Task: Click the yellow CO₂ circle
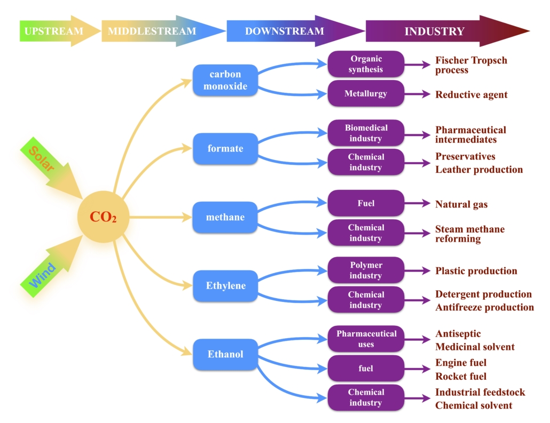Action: point(104,217)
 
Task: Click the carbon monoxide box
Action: point(225,80)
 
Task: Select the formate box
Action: point(225,148)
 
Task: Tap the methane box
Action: point(225,217)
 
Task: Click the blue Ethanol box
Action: point(225,354)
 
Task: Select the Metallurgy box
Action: point(366,94)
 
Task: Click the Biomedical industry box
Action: point(366,133)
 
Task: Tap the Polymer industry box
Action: point(366,270)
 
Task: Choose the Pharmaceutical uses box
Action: point(366,339)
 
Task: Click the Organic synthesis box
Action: point(366,64)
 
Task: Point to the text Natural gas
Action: point(461,204)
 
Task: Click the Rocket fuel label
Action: point(461,376)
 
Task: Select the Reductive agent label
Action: point(472,94)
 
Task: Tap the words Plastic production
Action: point(476,270)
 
